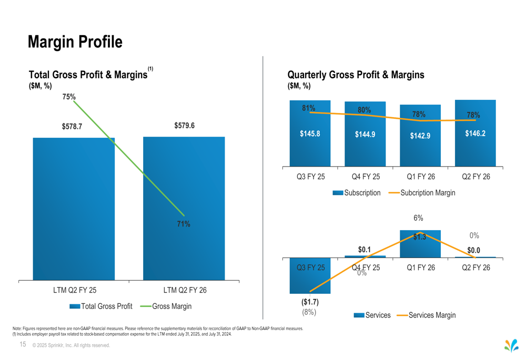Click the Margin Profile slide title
click(x=75, y=42)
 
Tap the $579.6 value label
click(x=184, y=126)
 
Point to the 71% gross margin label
click(x=184, y=224)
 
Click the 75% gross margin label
click(x=69, y=97)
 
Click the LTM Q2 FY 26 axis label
click(x=185, y=290)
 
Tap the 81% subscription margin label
click(x=309, y=108)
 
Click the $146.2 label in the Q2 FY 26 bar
click(x=475, y=133)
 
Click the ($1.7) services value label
click(x=309, y=302)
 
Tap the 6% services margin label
click(x=418, y=218)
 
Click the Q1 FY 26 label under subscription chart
click(x=420, y=177)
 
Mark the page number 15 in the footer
click(x=23, y=345)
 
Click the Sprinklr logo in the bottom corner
click(x=511, y=346)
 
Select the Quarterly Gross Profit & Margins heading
click(x=356, y=75)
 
